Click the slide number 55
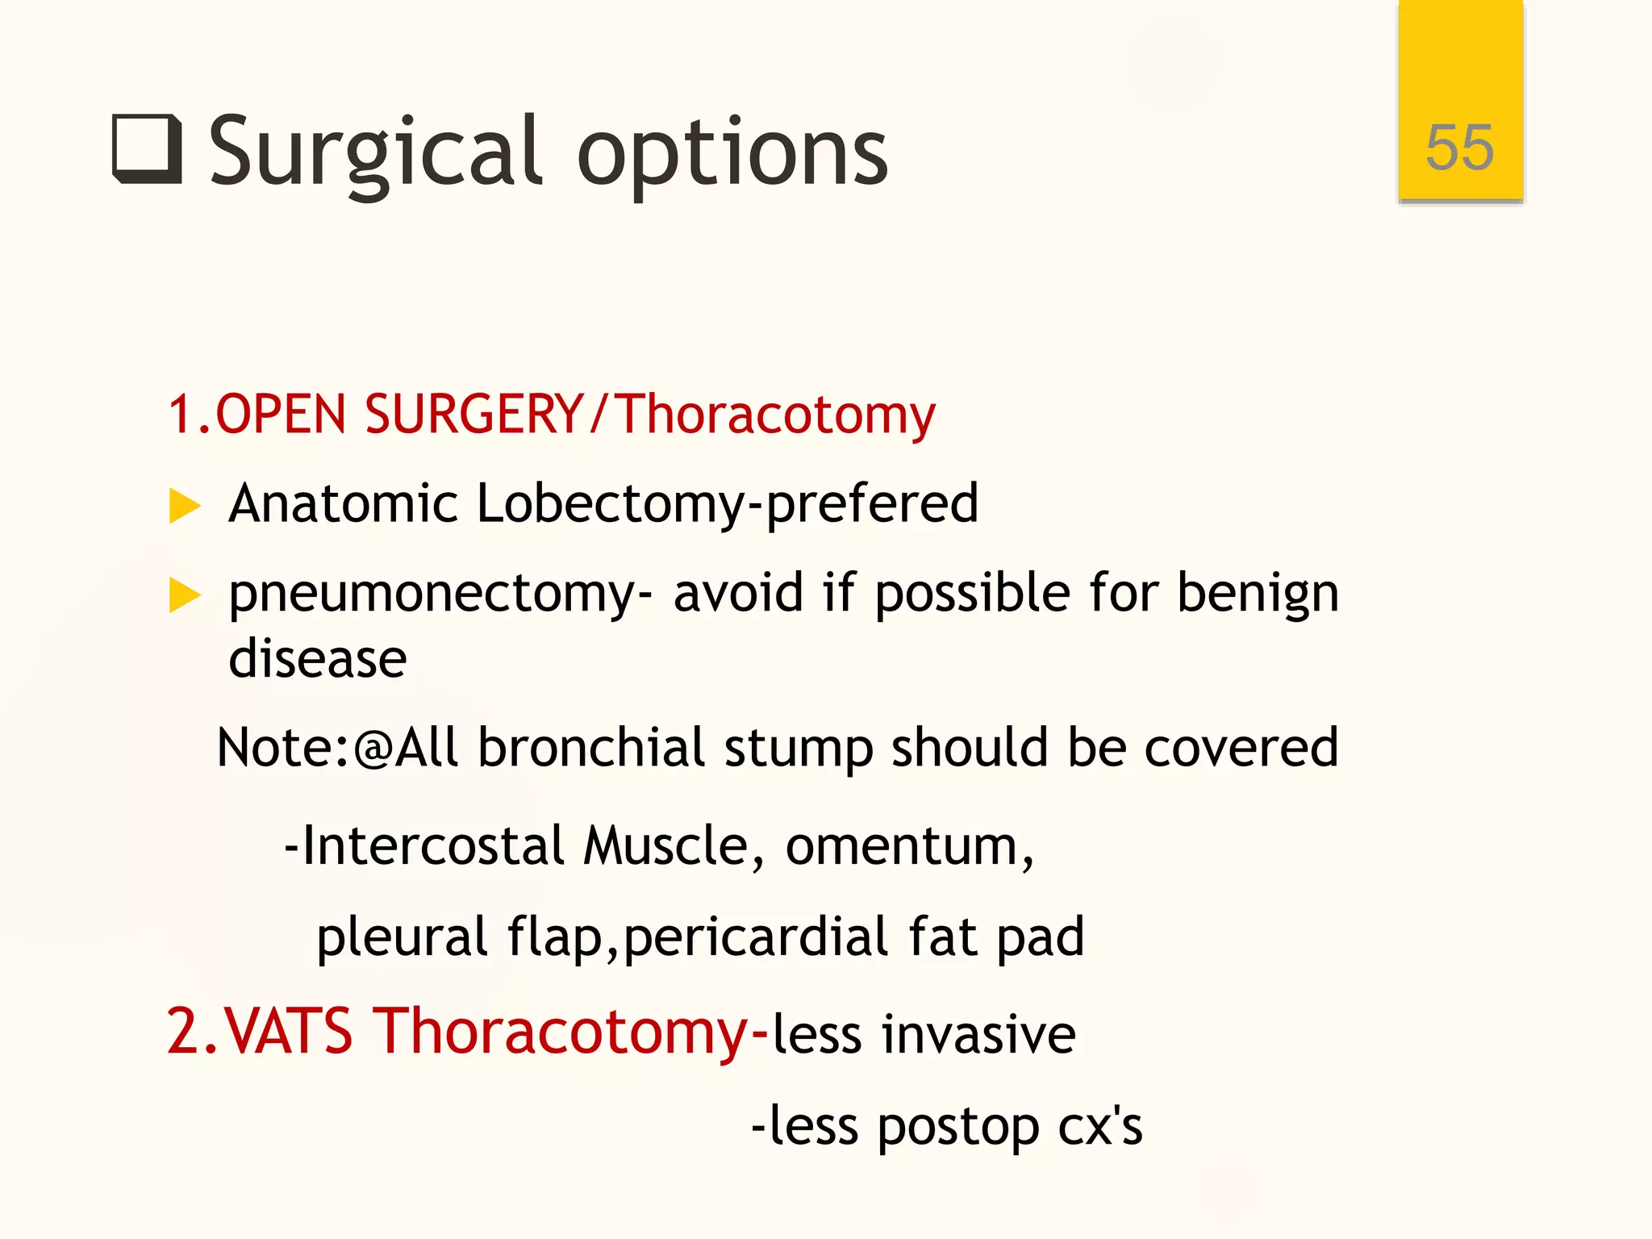coord(1459,148)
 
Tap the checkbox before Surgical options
coord(147,150)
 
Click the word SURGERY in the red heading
coord(473,414)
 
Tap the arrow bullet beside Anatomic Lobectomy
coord(185,507)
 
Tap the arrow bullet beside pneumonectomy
coord(185,596)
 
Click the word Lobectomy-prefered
coord(727,504)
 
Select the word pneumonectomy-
coord(440,594)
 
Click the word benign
coord(1258,594)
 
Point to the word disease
coord(318,659)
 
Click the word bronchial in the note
coord(591,748)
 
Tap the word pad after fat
coord(1040,938)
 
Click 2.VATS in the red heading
coord(259,1032)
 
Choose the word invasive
coord(978,1034)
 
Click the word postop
coord(957,1128)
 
